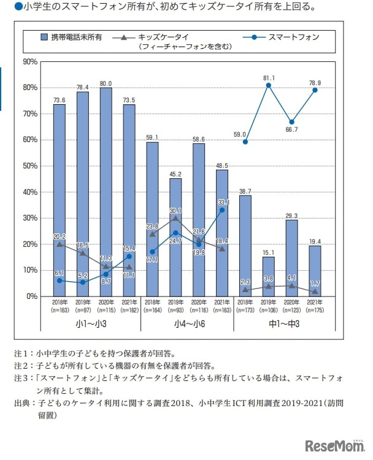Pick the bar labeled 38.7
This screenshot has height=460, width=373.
[x=245, y=246]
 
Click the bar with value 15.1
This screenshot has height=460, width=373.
[x=268, y=276]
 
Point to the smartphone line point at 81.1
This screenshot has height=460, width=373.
[x=268, y=85]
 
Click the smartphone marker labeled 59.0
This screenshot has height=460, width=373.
[x=245, y=142]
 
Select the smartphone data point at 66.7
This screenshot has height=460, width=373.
[x=291, y=123]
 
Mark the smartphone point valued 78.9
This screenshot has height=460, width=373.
[x=315, y=91]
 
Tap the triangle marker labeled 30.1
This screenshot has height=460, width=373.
[x=175, y=217]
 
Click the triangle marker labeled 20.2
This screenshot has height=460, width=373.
[x=59, y=244]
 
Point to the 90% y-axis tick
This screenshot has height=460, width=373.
[x=29, y=62]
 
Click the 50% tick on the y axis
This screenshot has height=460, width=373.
[x=29, y=166]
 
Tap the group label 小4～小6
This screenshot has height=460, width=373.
[x=187, y=323]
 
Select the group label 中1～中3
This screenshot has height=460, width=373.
[x=280, y=323]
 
